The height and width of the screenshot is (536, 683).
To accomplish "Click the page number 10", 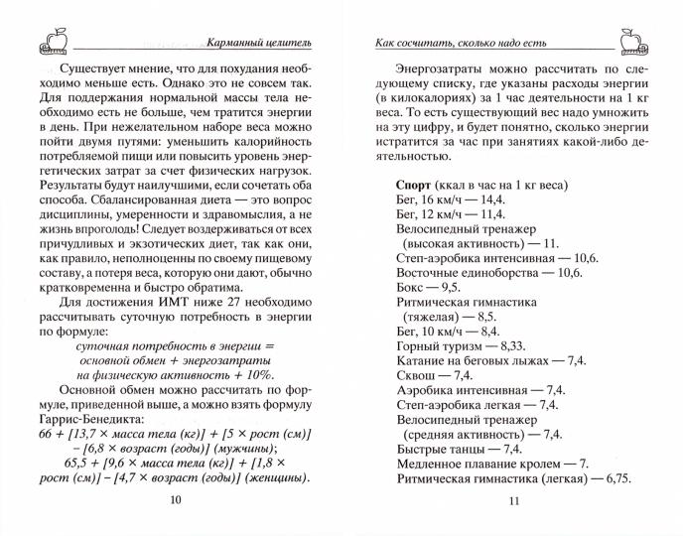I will (176, 501).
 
